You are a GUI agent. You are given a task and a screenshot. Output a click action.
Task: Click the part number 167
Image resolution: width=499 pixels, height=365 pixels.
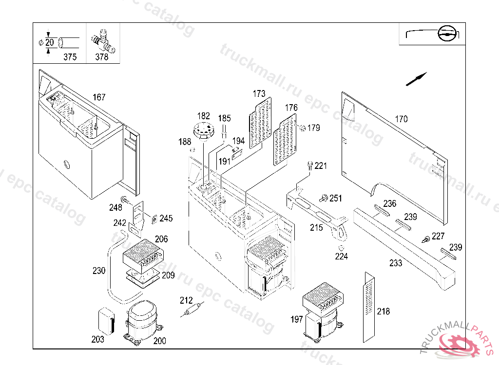point(99,97)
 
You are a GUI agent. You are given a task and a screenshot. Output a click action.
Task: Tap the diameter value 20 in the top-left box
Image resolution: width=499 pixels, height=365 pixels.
point(50,42)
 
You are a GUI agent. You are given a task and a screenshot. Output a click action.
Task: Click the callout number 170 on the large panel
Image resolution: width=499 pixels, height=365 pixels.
point(401,119)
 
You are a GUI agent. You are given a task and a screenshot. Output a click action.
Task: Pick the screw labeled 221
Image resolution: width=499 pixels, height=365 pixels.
point(310,165)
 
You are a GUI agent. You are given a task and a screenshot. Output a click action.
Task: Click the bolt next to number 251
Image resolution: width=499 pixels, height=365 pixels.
point(323,198)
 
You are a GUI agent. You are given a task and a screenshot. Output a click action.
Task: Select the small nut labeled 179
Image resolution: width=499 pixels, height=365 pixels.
point(302,128)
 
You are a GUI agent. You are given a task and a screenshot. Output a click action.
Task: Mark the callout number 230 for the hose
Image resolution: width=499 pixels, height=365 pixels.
point(99,271)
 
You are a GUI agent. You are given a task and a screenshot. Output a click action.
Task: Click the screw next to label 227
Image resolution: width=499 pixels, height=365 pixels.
point(426,239)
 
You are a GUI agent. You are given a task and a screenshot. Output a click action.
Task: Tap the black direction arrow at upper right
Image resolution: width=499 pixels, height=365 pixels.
point(416,79)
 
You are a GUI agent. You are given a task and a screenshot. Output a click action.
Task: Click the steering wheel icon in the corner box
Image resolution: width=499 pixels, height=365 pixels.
point(447,34)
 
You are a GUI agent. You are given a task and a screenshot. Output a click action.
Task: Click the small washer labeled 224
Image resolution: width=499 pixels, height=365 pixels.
point(341,248)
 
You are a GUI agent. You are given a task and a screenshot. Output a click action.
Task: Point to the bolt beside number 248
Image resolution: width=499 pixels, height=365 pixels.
point(125,200)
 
